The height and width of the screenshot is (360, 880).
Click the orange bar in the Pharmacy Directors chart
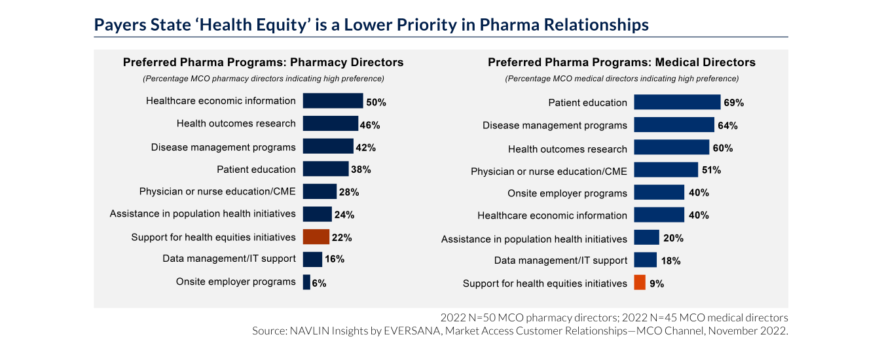[x=316, y=236]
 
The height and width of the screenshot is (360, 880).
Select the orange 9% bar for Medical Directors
[x=640, y=283]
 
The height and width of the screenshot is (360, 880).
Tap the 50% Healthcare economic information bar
[x=333, y=101]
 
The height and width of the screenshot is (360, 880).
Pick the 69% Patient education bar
[x=677, y=102]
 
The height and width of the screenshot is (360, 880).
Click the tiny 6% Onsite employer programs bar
[x=306, y=282]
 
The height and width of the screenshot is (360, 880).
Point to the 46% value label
[x=370, y=124]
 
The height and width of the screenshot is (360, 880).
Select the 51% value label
[x=711, y=170]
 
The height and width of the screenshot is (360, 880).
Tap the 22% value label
[x=342, y=237]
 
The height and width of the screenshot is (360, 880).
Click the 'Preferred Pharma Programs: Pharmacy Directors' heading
[x=263, y=62]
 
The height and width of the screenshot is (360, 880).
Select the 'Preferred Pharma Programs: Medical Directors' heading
[x=621, y=62]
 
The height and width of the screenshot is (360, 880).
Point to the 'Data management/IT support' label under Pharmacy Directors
[x=229, y=259]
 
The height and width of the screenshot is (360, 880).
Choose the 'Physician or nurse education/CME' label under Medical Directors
[x=549, y=171]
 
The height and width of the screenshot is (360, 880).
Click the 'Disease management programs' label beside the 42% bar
[x=223, y=147]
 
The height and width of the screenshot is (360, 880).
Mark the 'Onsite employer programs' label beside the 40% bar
[x=567, y=193]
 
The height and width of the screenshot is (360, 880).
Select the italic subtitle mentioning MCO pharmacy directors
[x=263, y=79]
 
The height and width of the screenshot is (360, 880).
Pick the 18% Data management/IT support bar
[x=645, y=260]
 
